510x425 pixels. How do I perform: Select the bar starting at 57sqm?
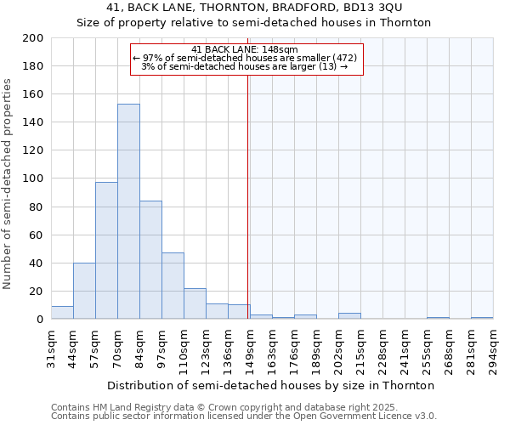[106, 251]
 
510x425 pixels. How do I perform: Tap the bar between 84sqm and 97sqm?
[150, 259]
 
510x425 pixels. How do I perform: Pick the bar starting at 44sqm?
[84, 291]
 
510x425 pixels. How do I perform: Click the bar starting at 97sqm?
[173, 286]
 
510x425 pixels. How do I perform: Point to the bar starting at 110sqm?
[195, 303]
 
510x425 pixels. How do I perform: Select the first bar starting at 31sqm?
[62, 313]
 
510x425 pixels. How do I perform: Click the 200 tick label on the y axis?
[33, 38]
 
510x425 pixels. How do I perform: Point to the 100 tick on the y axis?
[33, 178]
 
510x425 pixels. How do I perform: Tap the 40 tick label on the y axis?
[37, 263]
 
